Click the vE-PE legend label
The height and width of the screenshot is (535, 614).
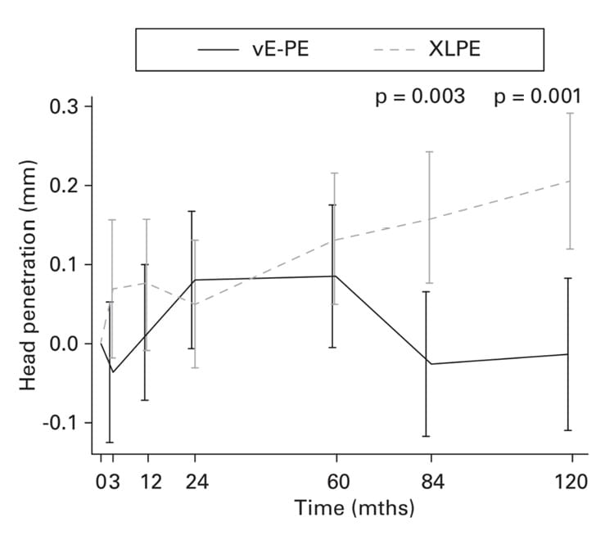(280, 48)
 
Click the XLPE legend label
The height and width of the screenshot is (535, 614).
(454, 48)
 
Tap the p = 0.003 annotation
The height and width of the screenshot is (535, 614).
(420, 97)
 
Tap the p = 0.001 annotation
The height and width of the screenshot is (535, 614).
(539, 97)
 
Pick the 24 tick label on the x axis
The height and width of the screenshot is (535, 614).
(195, 481)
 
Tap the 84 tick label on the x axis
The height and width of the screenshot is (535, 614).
(427, 481)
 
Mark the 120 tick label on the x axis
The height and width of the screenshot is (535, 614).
(568, 481)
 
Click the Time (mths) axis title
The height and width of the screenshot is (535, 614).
(354, 509)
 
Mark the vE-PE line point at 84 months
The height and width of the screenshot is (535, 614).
(427, 363)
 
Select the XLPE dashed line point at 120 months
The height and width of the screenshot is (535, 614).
(569, 181)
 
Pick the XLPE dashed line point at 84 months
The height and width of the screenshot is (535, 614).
(428, 218)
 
